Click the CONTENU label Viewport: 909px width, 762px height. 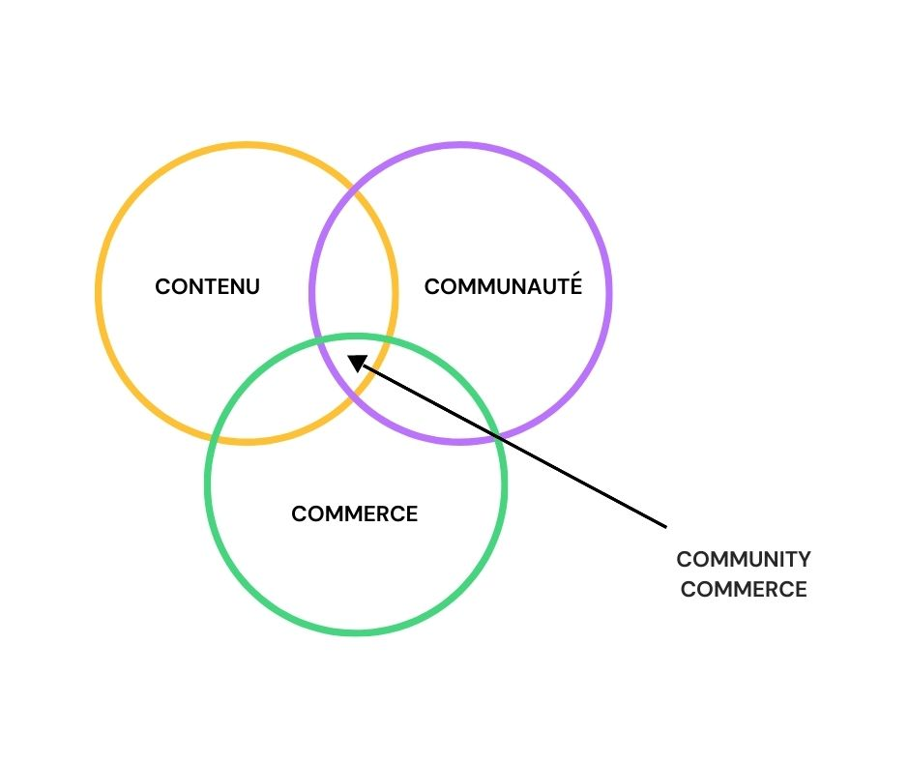[x=207, y=286]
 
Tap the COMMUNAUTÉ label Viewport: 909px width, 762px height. [x=503, y=284]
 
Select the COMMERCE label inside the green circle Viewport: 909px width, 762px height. [x=354, y=513]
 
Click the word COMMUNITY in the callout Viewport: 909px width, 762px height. [x=744, y=560]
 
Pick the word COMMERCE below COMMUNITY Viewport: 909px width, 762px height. [x=744, y=589]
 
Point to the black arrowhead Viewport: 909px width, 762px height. [x=357, y=363]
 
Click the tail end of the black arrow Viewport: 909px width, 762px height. [x=666, y=527]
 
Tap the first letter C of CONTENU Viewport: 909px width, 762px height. [x=162, y=286]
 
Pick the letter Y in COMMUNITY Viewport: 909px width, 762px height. [x=803, y=560]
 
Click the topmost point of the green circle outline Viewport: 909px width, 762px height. [x=356, y=337]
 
